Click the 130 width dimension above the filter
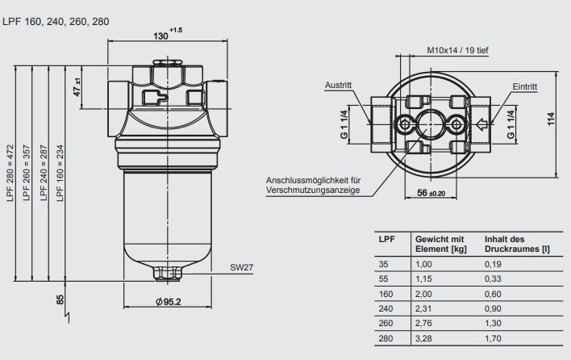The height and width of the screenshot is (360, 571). click(x=164, y=36)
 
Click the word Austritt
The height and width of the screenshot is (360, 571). click(x=339, y=85)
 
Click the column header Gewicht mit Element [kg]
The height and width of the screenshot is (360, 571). click(x=439, y=244)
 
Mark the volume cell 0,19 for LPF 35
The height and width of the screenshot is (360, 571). click(x=493, y=264)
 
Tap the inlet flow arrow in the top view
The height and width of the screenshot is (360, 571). click(x=481, y=124)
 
